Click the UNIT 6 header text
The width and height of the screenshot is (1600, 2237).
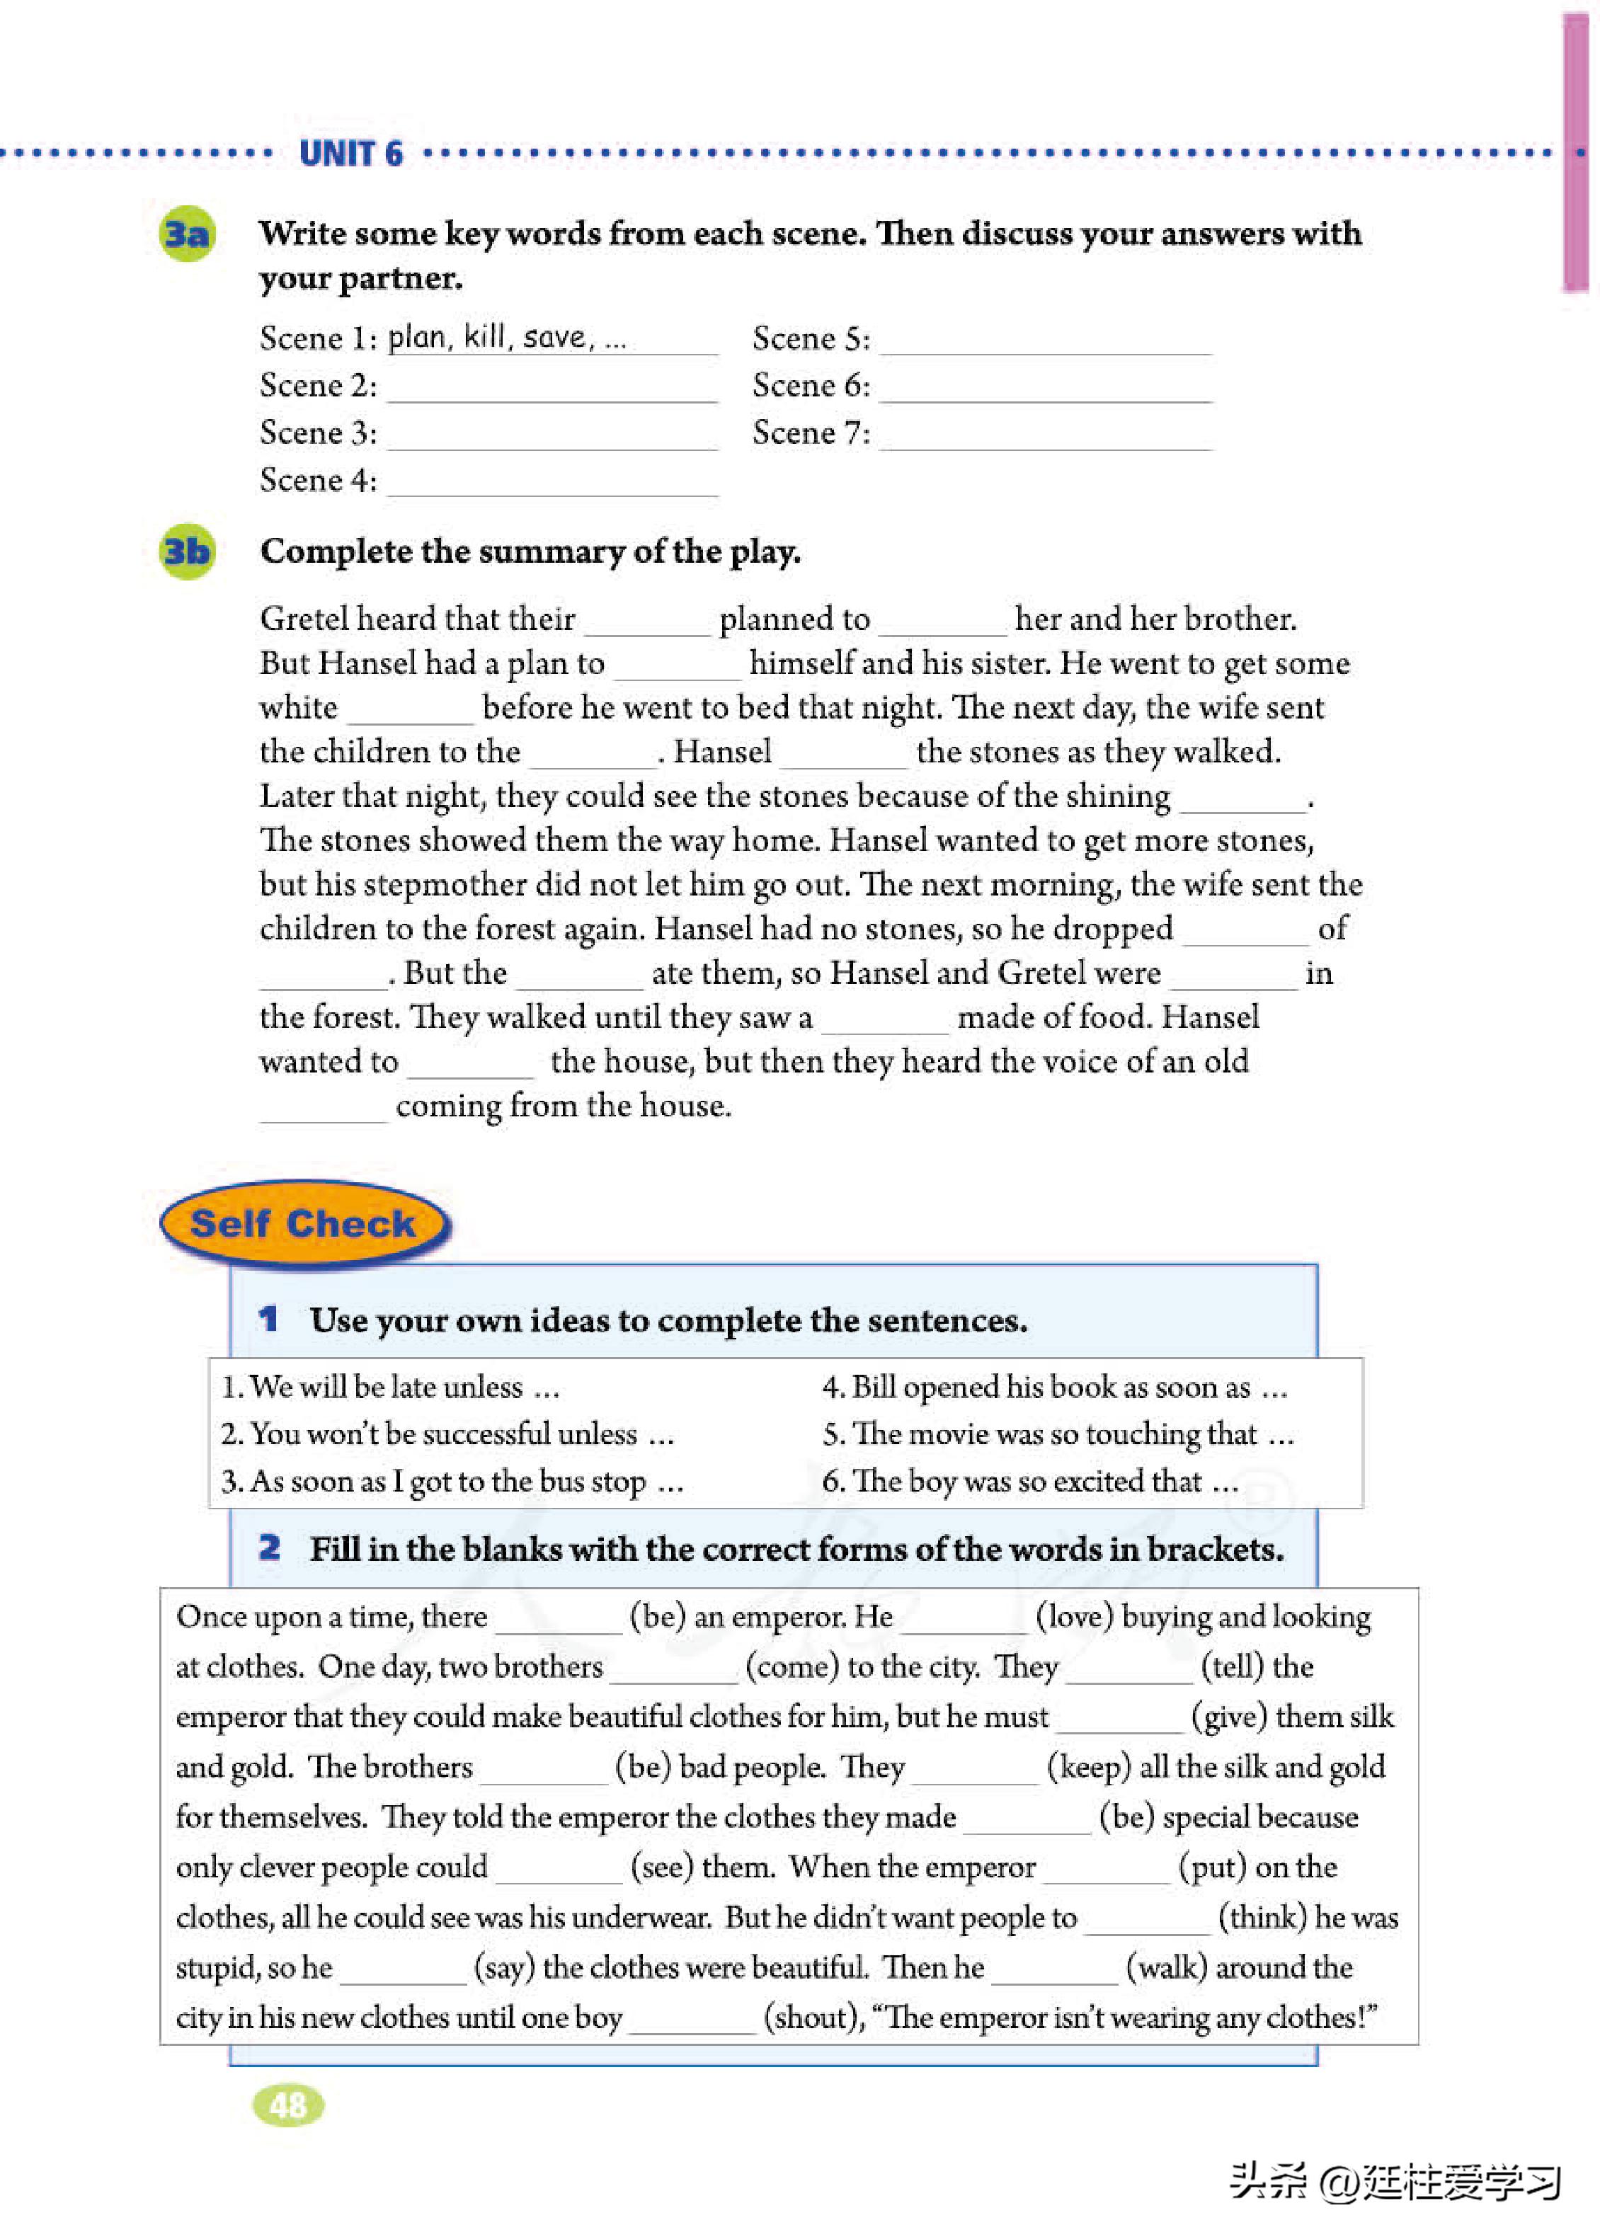(x=350, y=154)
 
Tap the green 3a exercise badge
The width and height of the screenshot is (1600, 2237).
(x=187, y=234)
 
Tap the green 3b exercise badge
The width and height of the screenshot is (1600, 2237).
(x=187, y=551)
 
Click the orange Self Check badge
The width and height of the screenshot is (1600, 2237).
(x=304, y=1223)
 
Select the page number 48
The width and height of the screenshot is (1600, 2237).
(x=287, y=2105)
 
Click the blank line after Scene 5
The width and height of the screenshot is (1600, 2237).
(x=1044, y=345)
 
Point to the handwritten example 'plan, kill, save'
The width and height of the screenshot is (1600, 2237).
(x=505, y=338)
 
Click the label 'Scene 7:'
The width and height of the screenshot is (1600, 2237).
(x=811, y=433)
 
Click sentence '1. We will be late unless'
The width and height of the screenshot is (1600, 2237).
(x=390, y=1387)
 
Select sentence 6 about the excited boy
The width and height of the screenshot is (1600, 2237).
(x=1029, y=1482)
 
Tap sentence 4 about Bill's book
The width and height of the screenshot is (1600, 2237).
(x=1054, y=1387)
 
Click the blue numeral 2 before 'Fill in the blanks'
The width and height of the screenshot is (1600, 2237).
(x=269, y=1547)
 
